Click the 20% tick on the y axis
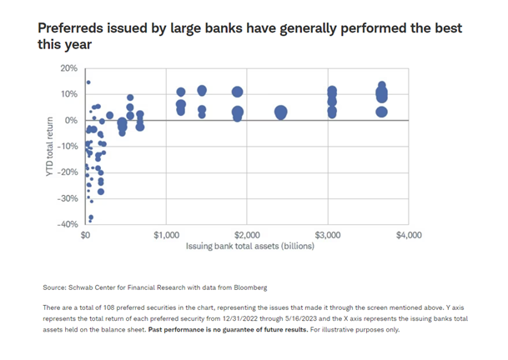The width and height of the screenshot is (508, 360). pos(68,68)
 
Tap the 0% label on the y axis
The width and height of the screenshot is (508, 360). pos(71,120)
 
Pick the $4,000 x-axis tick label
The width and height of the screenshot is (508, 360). pos(409,236)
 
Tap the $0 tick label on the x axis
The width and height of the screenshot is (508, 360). pos(85,236)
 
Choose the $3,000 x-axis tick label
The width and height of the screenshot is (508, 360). pos(328,236)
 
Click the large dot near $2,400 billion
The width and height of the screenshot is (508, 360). pos(281,112)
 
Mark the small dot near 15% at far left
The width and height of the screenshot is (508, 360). pos(88,82)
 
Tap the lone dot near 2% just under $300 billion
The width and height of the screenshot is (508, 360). pos(109,115)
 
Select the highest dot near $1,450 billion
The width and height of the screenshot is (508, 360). pos(202,90)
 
